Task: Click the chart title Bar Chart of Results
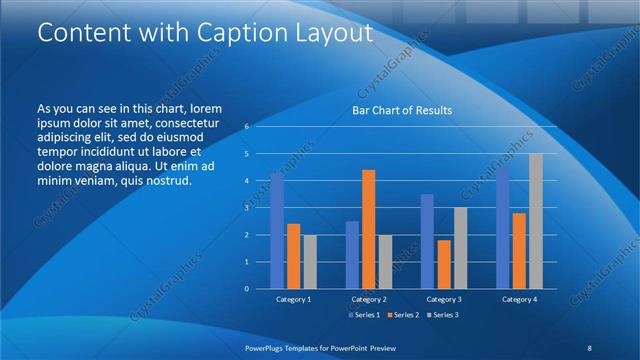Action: click(401, 110)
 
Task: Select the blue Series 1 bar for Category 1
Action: click(277, 231)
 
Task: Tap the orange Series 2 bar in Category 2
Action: click(368, 229)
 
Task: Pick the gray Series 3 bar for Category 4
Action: click(536, 221)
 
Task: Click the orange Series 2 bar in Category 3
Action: click(444, 264)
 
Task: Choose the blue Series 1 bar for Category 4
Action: click(503, 228)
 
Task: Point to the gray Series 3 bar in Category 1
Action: click(310, 262)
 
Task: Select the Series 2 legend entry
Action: click(403, 316)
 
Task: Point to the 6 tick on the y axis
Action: click(246, 127)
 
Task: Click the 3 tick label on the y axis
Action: click(246, 208)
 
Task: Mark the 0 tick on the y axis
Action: click(246, 289)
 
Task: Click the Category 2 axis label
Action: click(369, 299)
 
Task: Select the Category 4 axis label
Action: click(519, 299)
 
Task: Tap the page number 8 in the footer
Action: click(589, 346)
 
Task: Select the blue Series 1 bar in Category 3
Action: click(427, 241)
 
